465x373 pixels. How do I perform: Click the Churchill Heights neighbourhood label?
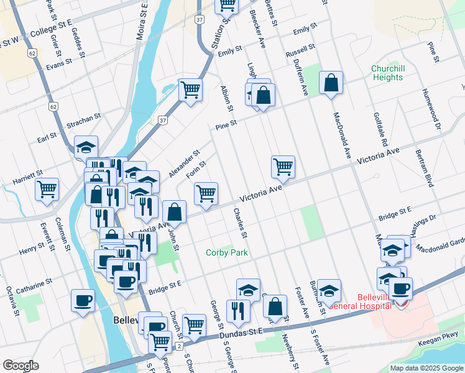pyautogui.click(x=387, y=73)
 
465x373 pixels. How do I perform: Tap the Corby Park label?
pyautogui.click(x=227, y=252)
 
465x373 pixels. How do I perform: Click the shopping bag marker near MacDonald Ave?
pyautogui.click(x=331, y=83)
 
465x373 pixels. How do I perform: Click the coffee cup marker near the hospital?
pyautogui.click(x=400, y=288)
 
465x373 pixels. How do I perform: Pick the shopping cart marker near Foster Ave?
pyautogui.click(x=283, y=167)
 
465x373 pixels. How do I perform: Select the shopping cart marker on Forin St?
pyautogui.click(x=206, y=193)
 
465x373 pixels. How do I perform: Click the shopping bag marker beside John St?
pyautogui.click(x=175, y=211)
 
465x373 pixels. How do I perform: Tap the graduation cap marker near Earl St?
pyautogui.click(x=86, y=147)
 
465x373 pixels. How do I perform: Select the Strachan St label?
pyautogui.click(x=85, y=117)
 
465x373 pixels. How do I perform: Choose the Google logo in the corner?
pyautogui.click(x=21, y=366)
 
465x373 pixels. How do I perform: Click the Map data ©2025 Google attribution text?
pyautogui.click(x=426, y=368)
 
